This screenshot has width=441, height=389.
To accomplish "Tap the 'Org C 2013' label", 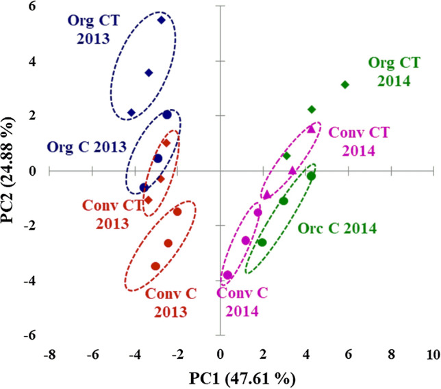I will point(86,147).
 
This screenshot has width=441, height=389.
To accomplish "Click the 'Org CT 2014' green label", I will point(389,72).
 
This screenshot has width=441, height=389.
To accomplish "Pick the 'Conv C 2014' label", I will point(238,303).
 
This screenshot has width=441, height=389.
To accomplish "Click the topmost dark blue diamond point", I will point(162,20).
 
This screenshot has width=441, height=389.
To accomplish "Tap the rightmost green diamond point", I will point(345,84).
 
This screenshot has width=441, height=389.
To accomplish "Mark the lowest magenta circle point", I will point(228,275).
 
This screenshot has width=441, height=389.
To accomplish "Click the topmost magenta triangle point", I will point(311,129).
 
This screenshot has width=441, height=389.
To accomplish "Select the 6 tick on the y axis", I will point(32,7).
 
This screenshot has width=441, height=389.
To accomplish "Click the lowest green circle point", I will point(262,242).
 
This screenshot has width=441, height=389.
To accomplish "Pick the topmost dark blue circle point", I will point(167,115).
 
